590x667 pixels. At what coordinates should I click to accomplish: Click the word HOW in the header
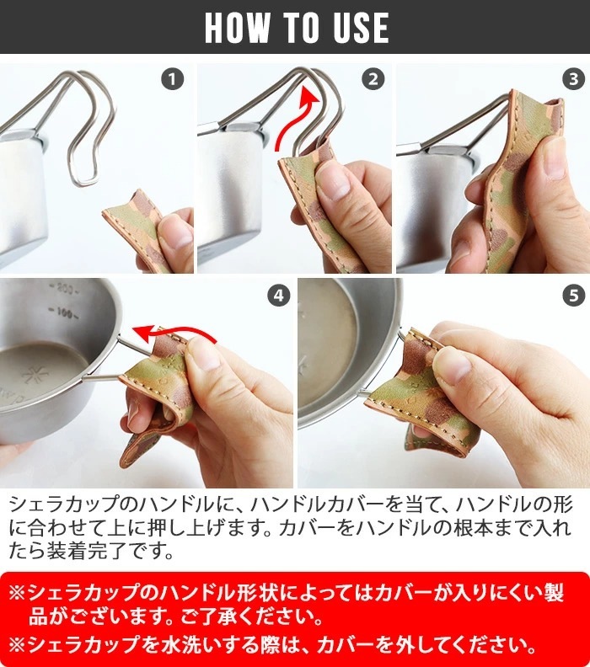(237, 27)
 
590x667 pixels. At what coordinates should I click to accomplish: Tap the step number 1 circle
(173, 79)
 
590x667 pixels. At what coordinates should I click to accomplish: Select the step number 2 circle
(373, 79)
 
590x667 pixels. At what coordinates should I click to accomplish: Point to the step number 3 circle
(573, 79)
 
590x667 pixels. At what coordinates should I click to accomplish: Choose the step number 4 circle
(278, 296)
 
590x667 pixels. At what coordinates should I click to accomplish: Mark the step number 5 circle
(573, 296)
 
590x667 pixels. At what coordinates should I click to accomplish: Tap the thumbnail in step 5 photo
(452, 366)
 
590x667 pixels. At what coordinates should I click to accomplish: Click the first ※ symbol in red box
(17, 593)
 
